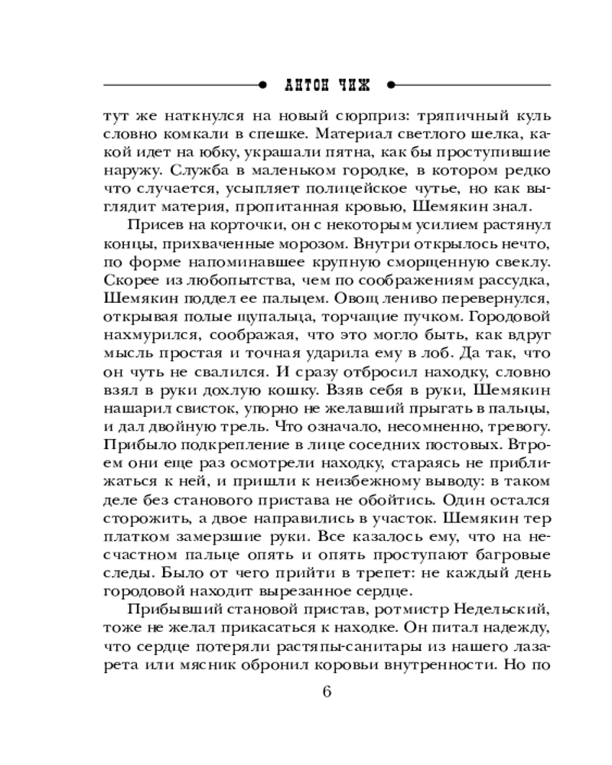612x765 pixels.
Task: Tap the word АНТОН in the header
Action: click(304, 83)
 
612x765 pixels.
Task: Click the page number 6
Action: click(327, 693)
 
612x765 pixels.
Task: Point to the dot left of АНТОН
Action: click(262, 83)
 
